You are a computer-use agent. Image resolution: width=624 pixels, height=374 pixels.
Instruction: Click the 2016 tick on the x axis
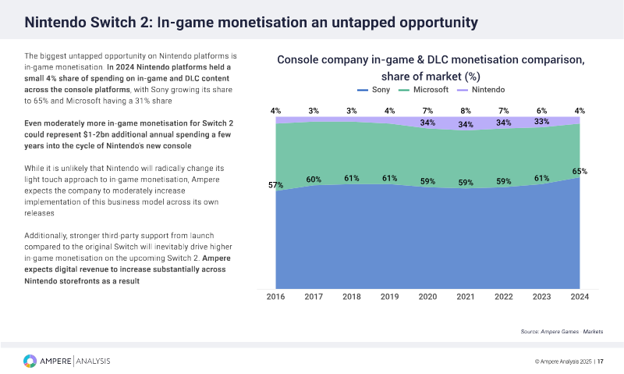pyautogui.click(x=276, y=297)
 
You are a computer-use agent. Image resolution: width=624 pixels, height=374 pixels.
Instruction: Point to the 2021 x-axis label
pyautogui.click(x=466, y=297)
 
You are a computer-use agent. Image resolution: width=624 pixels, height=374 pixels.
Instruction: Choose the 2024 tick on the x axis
pyautogui.click(x=580, y=297)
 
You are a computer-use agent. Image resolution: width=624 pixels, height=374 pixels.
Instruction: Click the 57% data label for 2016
pyautogui.click(x=276, y=185)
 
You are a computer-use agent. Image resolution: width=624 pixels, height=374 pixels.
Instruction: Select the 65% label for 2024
pyautogui.click(x=580, y=171)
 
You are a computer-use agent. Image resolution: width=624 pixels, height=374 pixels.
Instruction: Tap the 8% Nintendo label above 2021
pyautogui.click(x=466, y=112)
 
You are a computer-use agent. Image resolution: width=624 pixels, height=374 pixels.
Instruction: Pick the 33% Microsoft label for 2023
pyautogui.click(x=541, y=122)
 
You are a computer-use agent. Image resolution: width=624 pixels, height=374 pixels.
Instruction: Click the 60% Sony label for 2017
pyautogui.click(x=314, y=180)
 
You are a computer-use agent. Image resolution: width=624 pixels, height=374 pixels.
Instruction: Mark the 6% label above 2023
pyautogui.click(x=541, y=111)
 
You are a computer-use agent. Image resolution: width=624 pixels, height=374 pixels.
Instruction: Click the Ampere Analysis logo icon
pyautogui.click(x=30, y=361)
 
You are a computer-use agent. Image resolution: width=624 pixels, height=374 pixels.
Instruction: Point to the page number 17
pyautogui.click(x=601, y=362)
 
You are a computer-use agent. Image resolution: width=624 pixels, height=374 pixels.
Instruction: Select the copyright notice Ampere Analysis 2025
pyautogui.click(x=564, y=362)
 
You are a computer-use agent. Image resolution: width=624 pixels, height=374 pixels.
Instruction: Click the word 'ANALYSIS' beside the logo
pyautogui.click(x=94, y=361)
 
